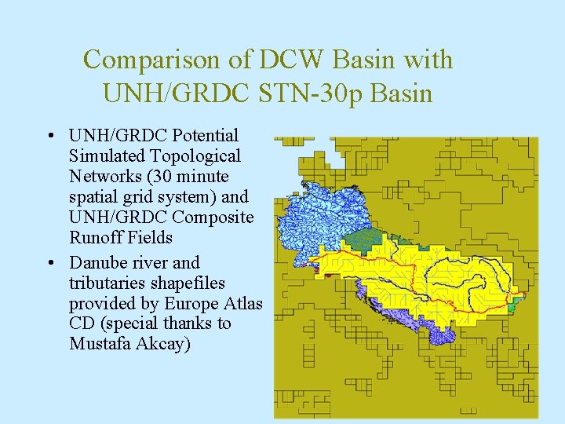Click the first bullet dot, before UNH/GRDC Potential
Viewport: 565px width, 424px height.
[x=49, y=136]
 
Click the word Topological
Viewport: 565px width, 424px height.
[x=195, y=156]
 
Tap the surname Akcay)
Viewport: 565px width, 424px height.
[x=163, y=345]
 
